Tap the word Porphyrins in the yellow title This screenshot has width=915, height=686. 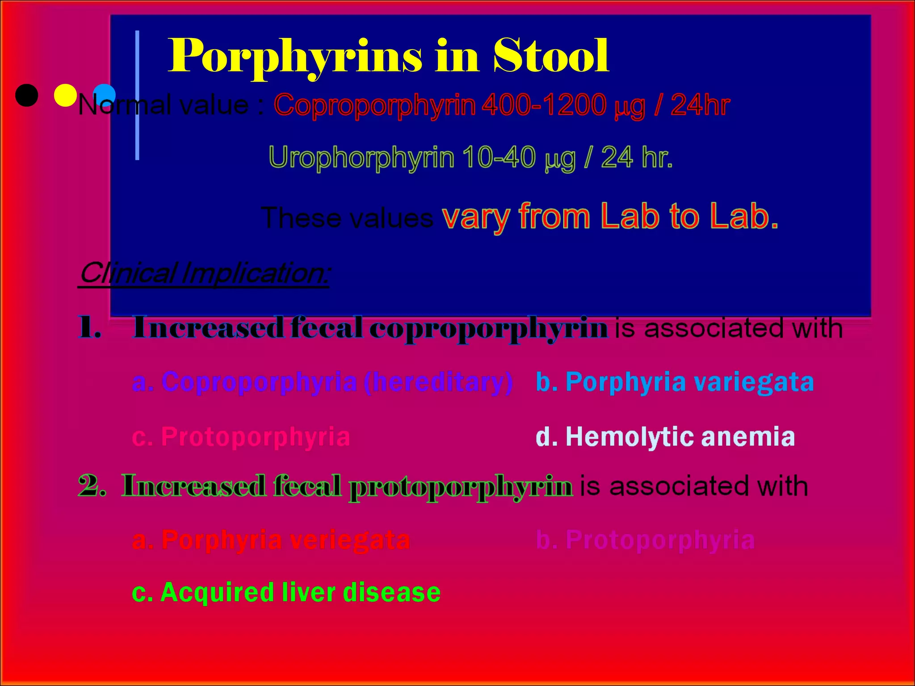point(295,56)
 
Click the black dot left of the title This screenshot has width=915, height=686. point(26,95)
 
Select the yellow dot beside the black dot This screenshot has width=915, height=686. point(65,95)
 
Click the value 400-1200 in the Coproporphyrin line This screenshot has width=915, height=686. point(544,105)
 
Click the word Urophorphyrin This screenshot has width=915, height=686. point(361,158)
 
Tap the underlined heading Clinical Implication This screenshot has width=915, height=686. point(204,273)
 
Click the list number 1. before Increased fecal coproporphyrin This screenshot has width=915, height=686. point(89,327)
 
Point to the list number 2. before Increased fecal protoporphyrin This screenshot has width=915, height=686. point(92,485)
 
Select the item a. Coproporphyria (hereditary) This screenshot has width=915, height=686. point(322,382)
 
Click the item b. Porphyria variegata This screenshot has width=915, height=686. point(675,382)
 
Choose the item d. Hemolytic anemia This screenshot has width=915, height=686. point(665,436)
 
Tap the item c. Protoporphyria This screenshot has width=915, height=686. point(241,436)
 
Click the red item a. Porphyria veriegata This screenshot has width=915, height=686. point(271,540)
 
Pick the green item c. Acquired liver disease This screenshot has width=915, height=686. point(286,592)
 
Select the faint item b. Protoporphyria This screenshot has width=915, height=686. point(645,540)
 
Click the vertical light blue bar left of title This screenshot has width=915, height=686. point(137,95)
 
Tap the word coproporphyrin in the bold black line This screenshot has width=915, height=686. point(488,328)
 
